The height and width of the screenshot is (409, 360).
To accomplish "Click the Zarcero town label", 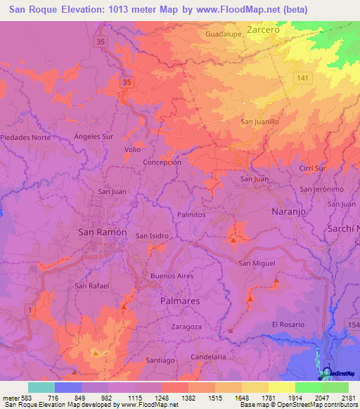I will coord(264,31).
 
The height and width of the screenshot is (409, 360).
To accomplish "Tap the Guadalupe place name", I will coord(224,34).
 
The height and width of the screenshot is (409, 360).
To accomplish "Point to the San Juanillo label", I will coord(260,122).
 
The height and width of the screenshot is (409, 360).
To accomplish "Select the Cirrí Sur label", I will coord(311,169).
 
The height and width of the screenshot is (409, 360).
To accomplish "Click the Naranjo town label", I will coord(288,211).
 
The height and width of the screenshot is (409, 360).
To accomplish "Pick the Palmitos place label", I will coord(191,214).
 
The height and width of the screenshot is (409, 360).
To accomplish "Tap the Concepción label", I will coord(162,162).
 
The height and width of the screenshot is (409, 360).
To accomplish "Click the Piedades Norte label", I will coord(26,137).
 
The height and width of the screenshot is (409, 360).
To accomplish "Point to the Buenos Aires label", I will coord(172,276).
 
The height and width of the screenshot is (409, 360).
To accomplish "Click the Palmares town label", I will coord(180,300).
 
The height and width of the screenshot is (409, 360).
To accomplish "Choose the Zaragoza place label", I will coord(186,327).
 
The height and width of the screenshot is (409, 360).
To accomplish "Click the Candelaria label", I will coord(209,357).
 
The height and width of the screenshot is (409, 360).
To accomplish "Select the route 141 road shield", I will coord(302,79).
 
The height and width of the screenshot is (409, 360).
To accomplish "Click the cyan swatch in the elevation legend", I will coord(41,387).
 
